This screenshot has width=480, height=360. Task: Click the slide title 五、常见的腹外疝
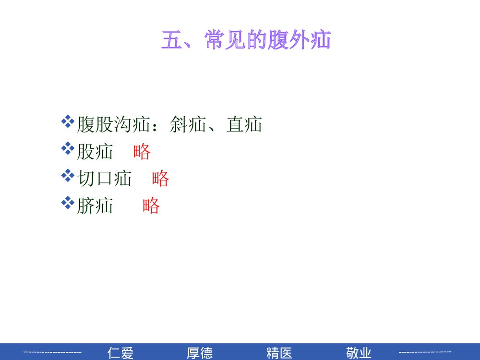click(x=246, y=41)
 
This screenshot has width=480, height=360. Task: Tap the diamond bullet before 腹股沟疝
click(x=68, y=120)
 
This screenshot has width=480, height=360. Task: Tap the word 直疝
click(x=244, y=125)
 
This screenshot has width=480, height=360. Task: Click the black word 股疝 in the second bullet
click(x=95, y=152)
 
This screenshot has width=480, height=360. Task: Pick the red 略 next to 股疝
click(x=142, y=152)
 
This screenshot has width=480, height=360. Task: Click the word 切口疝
click(x=104, y=179)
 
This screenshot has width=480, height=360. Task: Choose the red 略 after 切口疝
click(x=160, y=179)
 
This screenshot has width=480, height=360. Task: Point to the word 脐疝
click(x=95, y=206)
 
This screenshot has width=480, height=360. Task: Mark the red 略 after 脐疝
click(x=151, y=206)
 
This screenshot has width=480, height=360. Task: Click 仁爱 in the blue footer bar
click(x=120, y=353)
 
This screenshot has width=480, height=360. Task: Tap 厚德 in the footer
click(x=200, y=353)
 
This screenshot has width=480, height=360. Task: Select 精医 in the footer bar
click(x=279, y=353)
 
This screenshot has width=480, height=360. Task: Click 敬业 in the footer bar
click(x=358, y=353)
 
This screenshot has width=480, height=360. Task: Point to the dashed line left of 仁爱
click(x=53, y=353)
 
